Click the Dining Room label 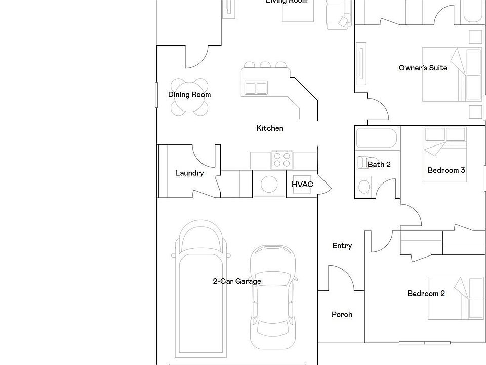point(189,95)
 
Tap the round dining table point(189,97)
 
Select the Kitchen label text point(270,128)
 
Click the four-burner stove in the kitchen point(281,160)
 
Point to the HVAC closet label point(302,184)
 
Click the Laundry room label point(189,173)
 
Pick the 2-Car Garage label point(237,281)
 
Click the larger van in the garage point(200,289)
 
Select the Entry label point(342,246)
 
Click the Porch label point(342,315)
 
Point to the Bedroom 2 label point(426,294)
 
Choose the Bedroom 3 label point(446,170)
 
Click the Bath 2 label point(379,165)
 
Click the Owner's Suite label point(423,68)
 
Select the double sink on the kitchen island point(256,88)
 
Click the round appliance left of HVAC point(269,184)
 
